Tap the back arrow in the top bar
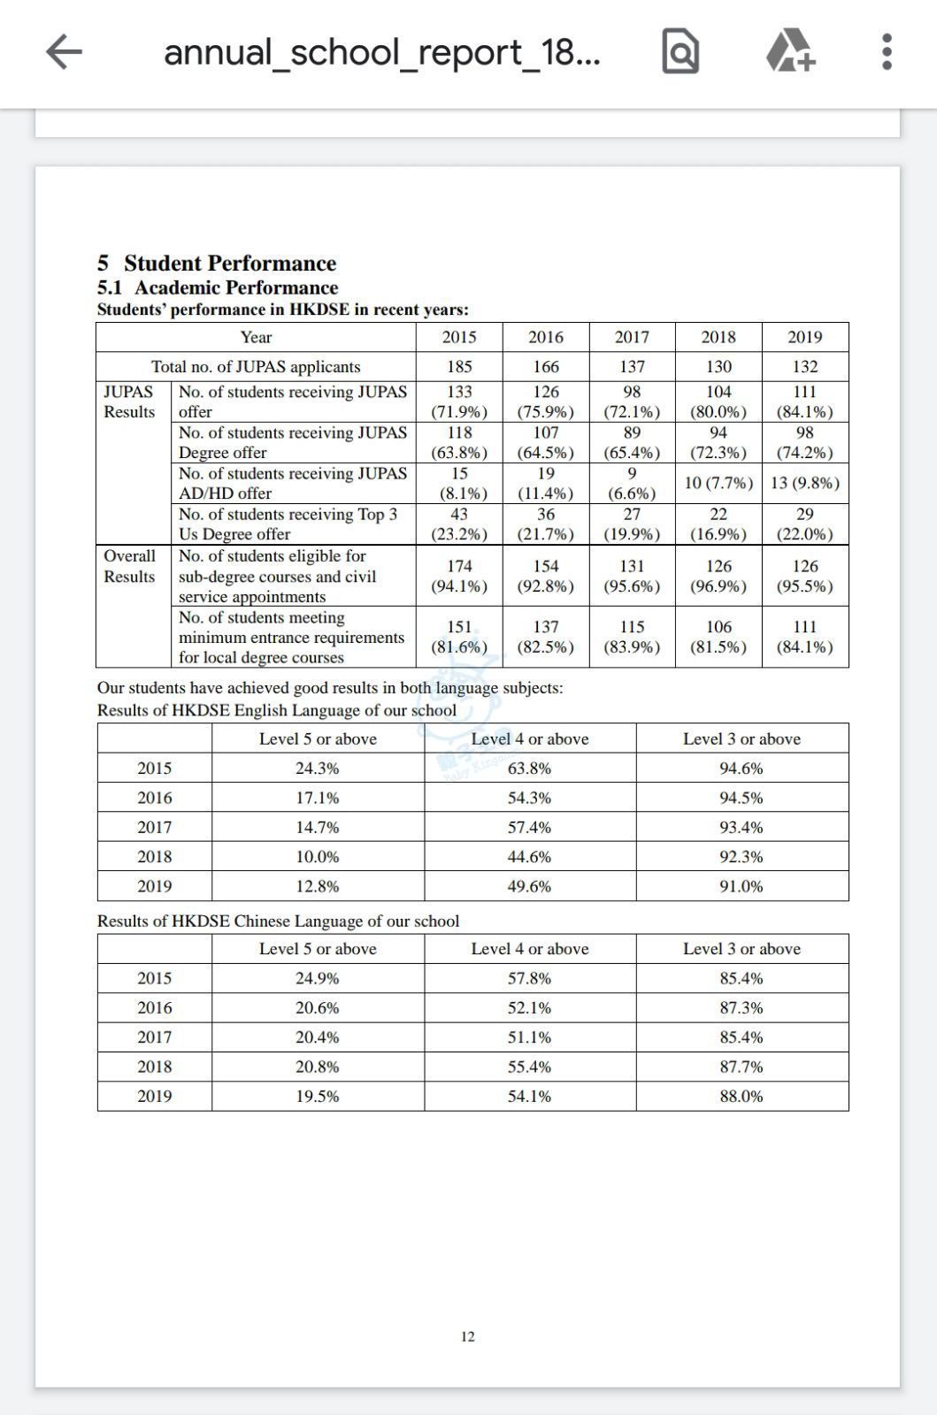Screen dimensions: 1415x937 click(x=64, y=51)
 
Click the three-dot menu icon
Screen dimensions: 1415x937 click(x=887, y=51)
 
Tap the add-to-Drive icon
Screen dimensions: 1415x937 click(x=790, y=50)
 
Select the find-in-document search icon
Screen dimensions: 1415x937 click(x=680, y=51)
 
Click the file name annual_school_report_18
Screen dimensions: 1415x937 click(x=381, y=52)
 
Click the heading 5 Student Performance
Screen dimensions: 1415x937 click(x=217, y=263)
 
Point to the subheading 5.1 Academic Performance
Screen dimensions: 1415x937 click(x=218, y=287)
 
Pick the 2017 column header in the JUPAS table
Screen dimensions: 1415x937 click(x=632, y=337)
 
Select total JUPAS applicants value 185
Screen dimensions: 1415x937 click(x=459, y=366)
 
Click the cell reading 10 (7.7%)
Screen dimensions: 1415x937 click(x=718, y=483)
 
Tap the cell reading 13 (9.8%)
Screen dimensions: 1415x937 click(x=804, y=483)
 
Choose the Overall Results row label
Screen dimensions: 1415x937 click(x=129, y=566)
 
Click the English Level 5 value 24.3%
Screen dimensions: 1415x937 click(x=317, y=768)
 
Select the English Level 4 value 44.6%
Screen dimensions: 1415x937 click(x=529, y=856)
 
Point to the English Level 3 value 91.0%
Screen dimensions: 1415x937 click(x=741, y=886)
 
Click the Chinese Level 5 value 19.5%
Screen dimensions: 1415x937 click(x=317, y=1096)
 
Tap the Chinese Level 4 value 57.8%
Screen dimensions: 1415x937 click(x=529, y=978)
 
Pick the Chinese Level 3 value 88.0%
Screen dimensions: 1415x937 click(x=741, y=1096)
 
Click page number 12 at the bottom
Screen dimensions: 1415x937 click(x=468, y=1336)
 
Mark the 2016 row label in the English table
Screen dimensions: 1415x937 click(x=154, y=798)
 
